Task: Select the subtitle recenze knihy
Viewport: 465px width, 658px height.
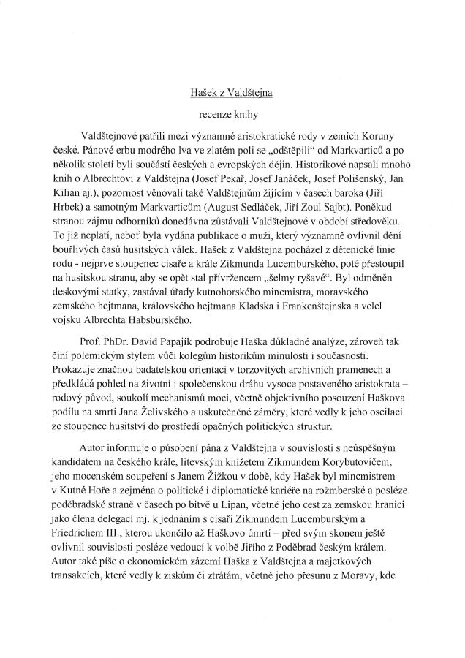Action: [231, 116]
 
